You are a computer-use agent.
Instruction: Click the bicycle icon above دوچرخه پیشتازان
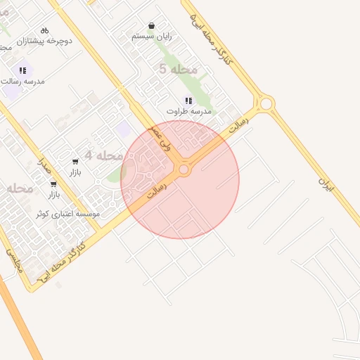45,30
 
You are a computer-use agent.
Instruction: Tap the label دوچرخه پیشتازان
46,41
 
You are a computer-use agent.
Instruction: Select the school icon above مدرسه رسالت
22,70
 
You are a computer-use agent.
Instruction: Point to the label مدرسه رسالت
25,81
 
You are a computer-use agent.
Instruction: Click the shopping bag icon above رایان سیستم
153,25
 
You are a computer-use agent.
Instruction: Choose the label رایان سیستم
153,35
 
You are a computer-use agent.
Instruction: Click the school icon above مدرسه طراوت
188,101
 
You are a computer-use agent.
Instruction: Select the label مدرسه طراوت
188,111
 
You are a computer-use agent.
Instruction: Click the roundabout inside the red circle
184,169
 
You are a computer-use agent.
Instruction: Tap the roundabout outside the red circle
266,105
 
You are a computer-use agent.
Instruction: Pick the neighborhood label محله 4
104,155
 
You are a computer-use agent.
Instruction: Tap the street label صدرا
44,166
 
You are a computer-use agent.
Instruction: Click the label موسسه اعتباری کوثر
70,213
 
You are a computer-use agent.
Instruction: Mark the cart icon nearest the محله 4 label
75,162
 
